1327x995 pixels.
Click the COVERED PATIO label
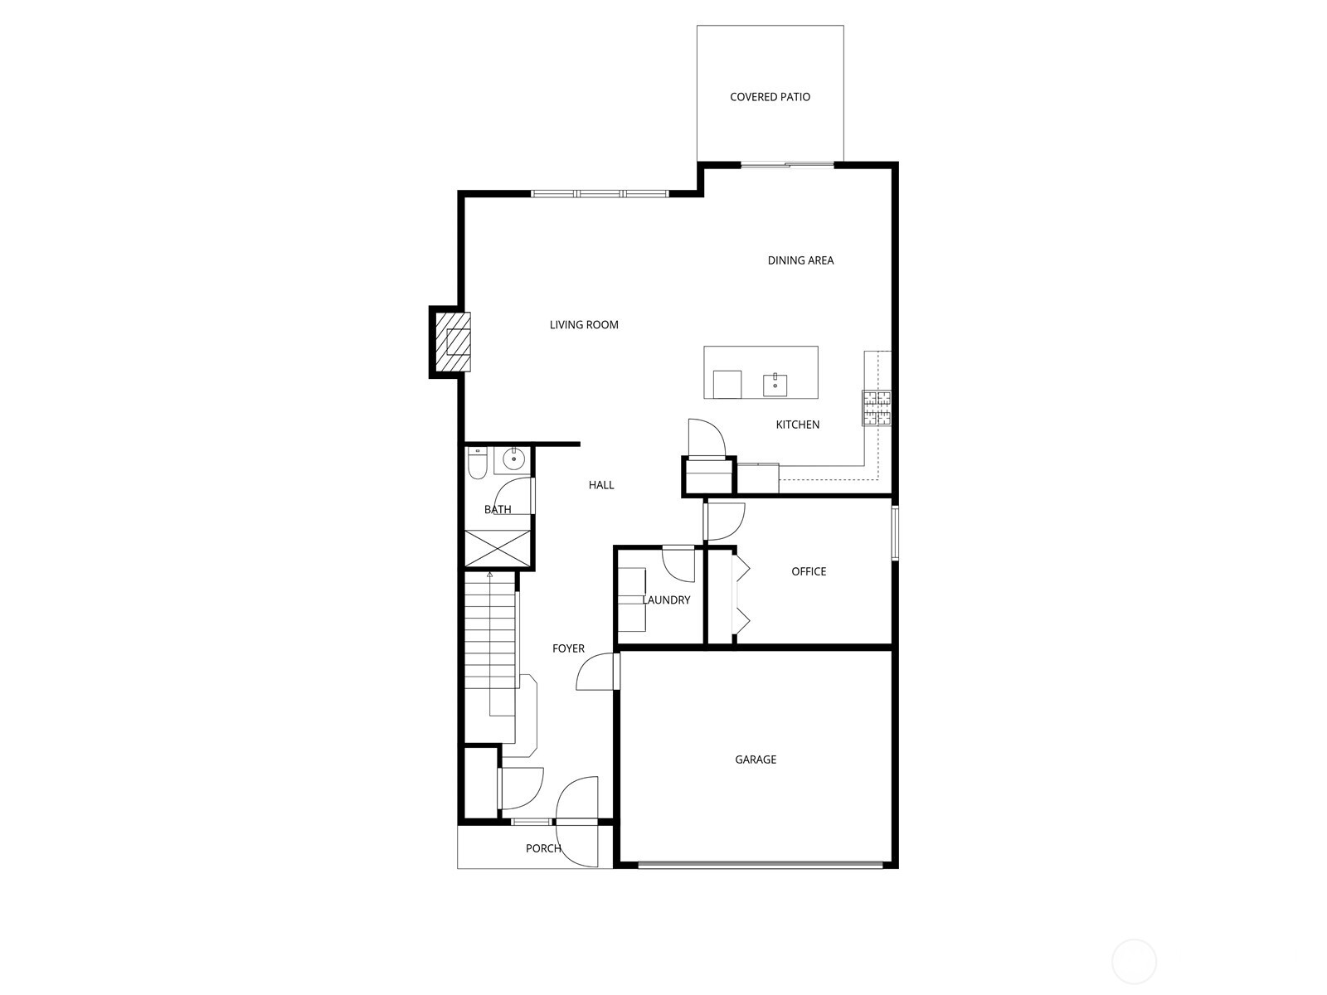pos(770,97)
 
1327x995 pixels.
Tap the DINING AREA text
pos(800,260)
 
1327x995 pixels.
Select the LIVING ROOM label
pos(584,325)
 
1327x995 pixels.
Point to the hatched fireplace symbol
pos(453,342)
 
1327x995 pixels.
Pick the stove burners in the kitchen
pos(877,408)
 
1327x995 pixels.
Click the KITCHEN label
pos(797,425)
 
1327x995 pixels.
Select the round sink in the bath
pos(514,459)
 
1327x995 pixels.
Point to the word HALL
pos(601,485)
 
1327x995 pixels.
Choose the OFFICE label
pos(809,571)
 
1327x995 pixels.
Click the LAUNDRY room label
pos(666,600)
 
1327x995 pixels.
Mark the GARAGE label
pos(756,760)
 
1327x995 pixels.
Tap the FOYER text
pos(568,648)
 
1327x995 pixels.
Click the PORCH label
pos(543,848)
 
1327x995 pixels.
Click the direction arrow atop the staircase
pos(489,574)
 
